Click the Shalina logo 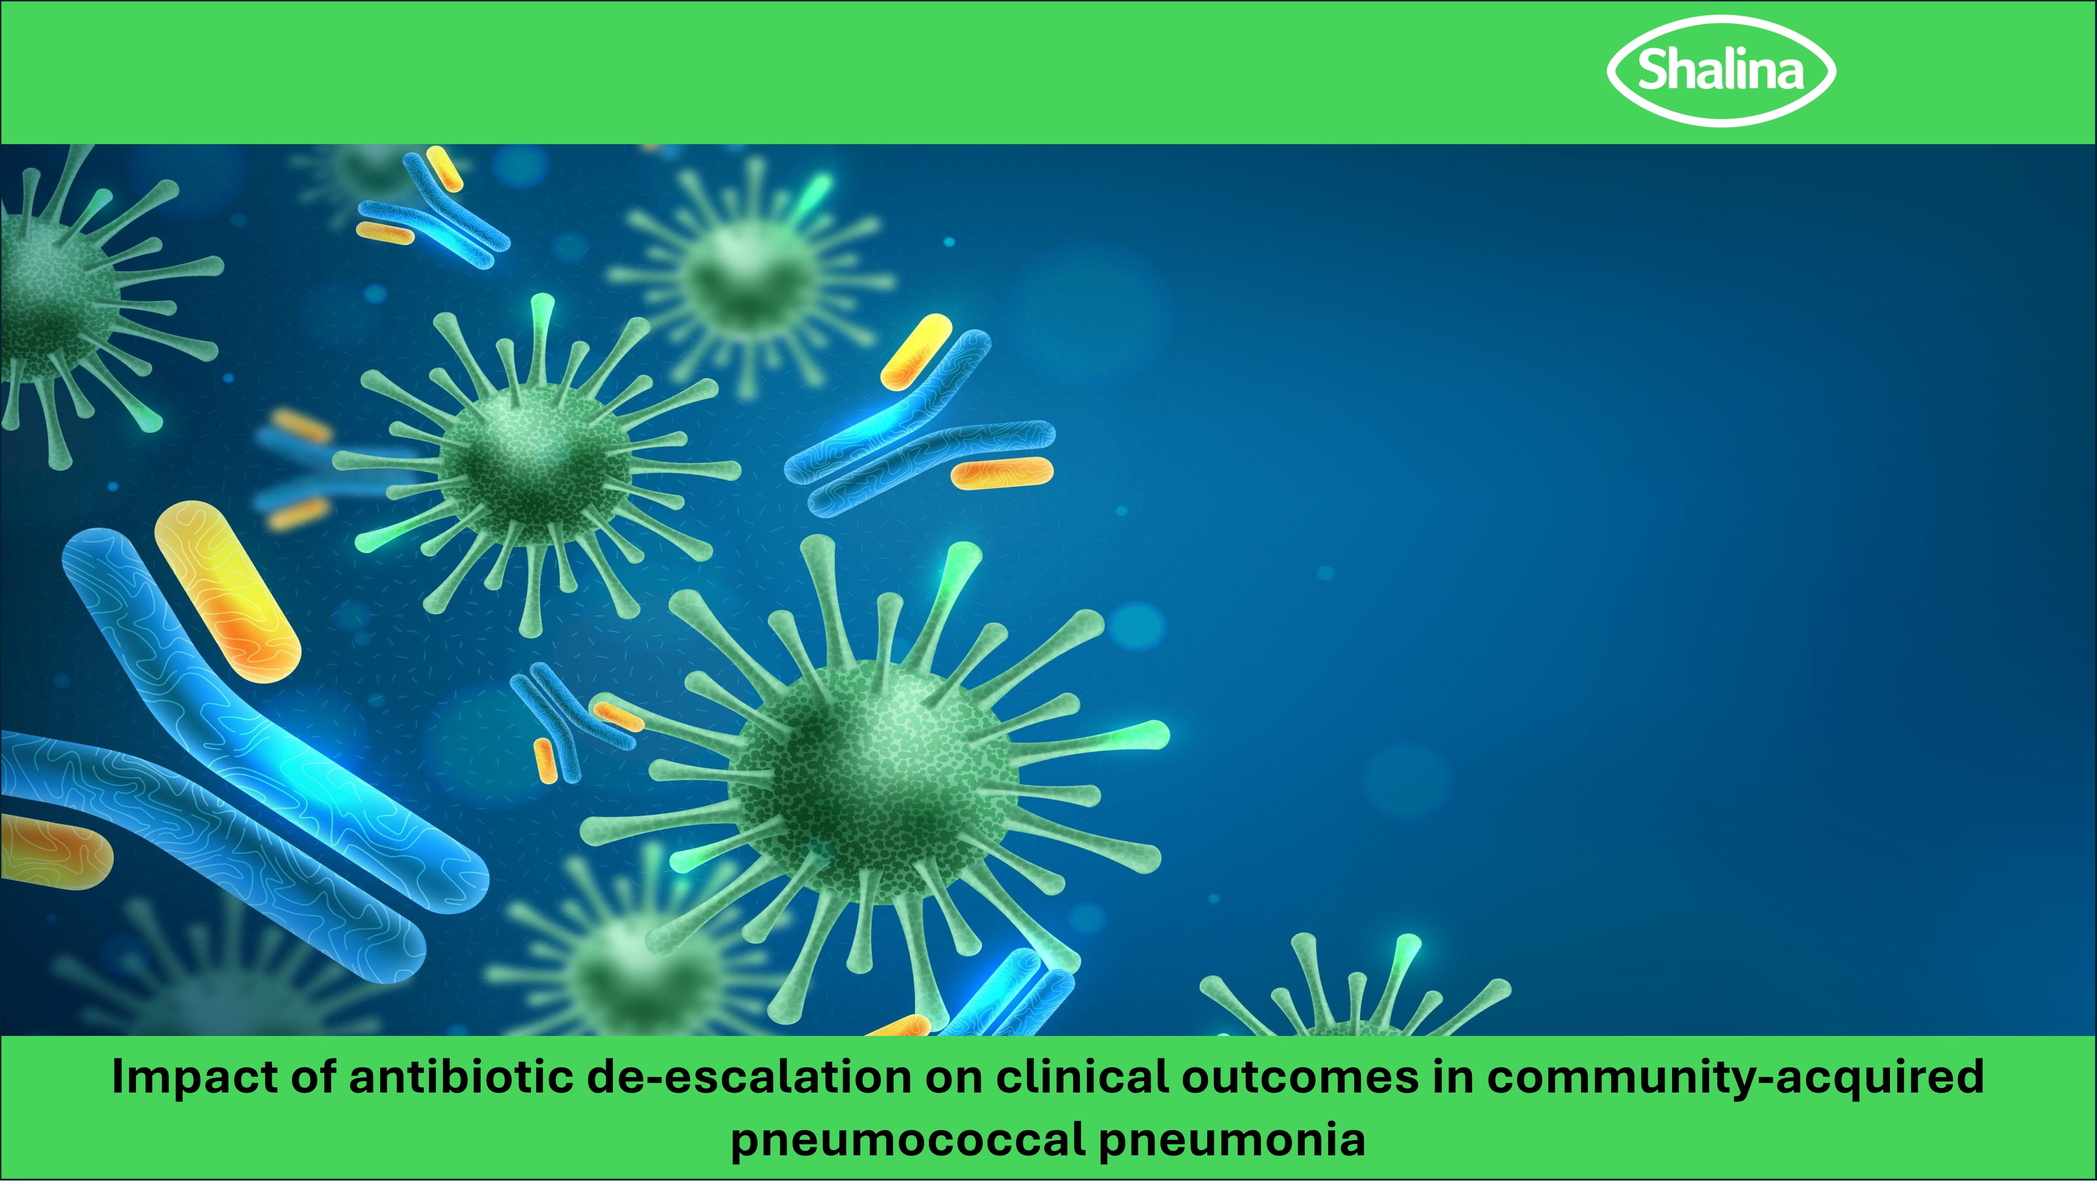click(x=1721, y=71)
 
